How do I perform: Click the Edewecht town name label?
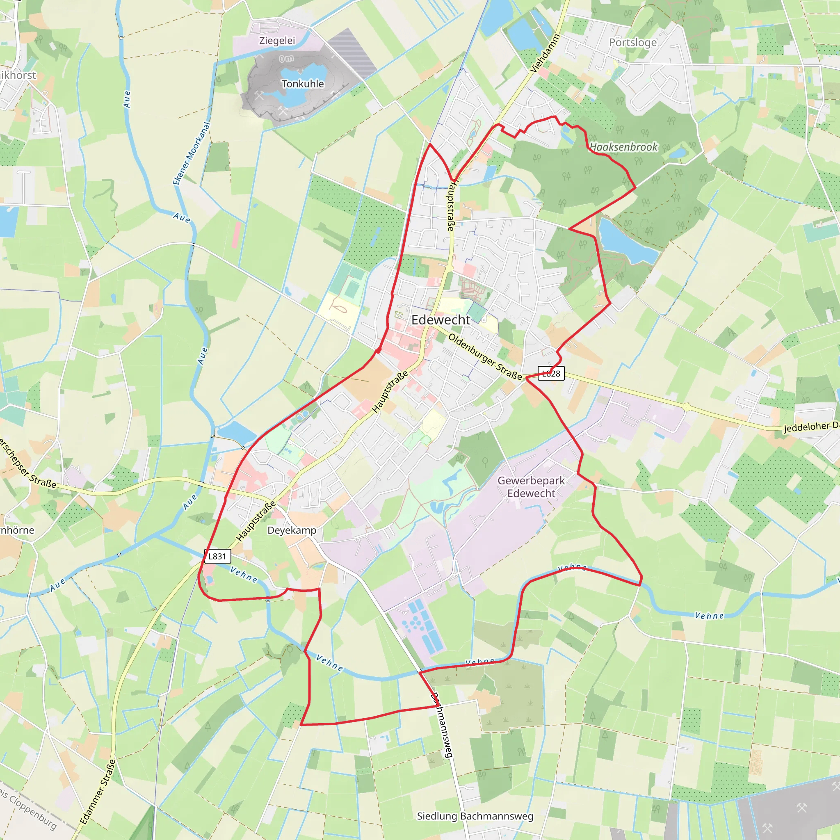[441, 320]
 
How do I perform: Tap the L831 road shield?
[217, 556]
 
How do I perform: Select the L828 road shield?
[551, 373]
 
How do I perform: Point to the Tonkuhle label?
[303, 84]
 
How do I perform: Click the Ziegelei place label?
[277, 41]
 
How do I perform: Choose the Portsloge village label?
[632, 42]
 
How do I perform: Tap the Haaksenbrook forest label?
[623, 147]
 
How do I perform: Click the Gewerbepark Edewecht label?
[531, 486]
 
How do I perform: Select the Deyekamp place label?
[292, 530]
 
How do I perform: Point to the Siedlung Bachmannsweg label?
[475, 816]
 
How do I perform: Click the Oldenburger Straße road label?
[485, 356]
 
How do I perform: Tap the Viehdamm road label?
[545, 53]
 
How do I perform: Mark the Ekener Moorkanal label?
[192, 153]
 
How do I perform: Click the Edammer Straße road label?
[98, 791]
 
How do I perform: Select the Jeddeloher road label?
[811, 427]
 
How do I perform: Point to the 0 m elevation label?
[286, 58]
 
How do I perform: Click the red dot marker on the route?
[379, 350]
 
